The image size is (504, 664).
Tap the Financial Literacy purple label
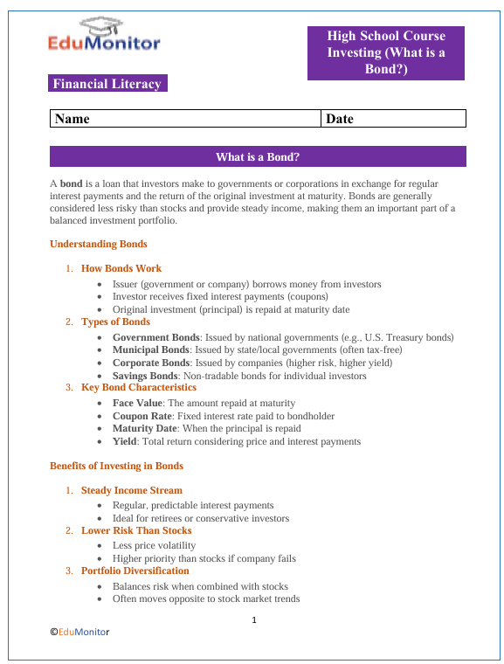click(x=107, y=84)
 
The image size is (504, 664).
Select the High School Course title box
click(x=385, y=52)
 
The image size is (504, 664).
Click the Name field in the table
click(x=185, y=118)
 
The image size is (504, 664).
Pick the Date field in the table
click(x=394, y=118)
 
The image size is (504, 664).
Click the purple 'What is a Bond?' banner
click(x=258, y=156)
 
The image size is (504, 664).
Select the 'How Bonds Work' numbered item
click(x=121, y=268)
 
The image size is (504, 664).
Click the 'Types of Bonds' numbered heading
click(x=115, y=322)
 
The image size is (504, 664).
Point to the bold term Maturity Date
click(x=145, y=429)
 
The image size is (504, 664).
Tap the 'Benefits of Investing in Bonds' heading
click(x=116, y=467)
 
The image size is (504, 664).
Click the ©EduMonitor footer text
click(x=79, y=630)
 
